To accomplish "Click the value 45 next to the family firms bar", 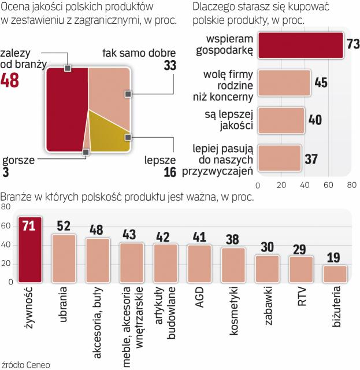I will (x=322, y=82).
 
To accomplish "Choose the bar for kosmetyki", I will (x=233, y=265).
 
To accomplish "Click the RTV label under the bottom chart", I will (x=301, y=296).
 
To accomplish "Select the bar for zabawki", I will (x=268, y=268).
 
